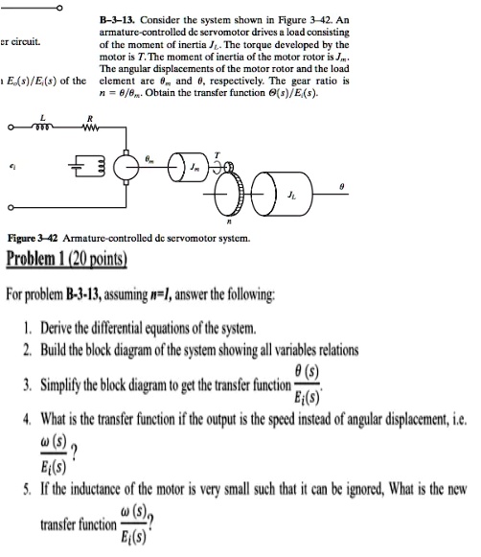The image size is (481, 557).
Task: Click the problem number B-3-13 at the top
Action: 121,18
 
